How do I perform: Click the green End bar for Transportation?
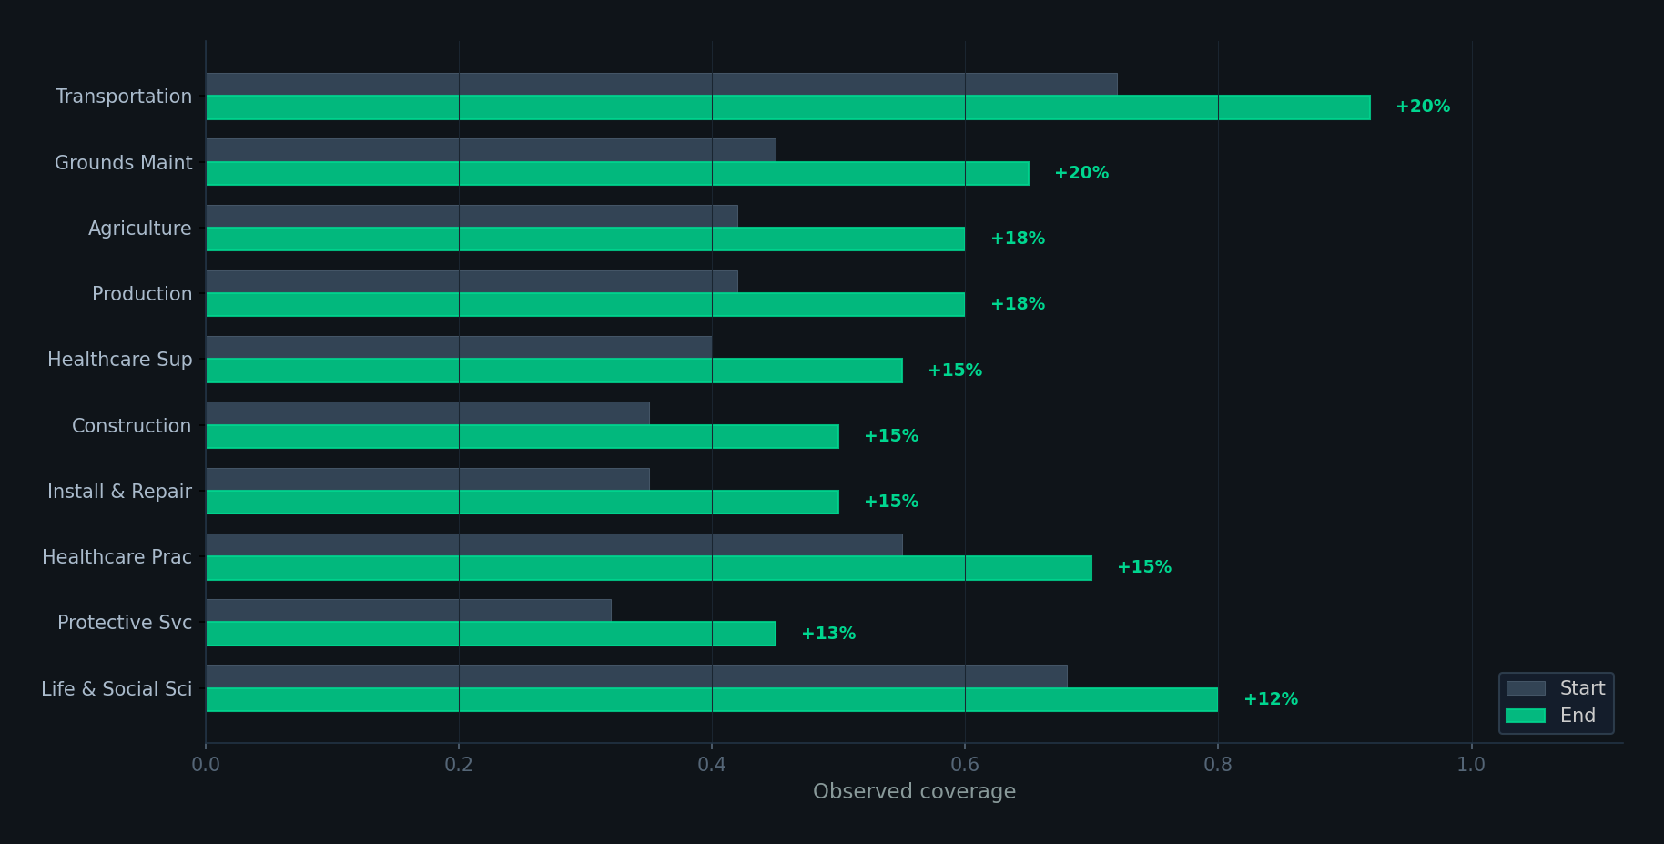click(787, 107)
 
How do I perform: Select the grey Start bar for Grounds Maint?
click(491, 150)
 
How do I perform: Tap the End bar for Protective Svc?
click(491, 634)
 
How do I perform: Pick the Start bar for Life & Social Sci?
click(636, 676)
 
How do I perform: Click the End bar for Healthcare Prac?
click(648, 568)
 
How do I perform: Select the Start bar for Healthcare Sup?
click(459, 347)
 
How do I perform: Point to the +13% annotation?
click(828, 634)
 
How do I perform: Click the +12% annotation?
click(1271, 699)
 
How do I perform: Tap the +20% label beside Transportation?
click(1423, 107)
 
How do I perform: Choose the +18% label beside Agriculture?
click(1018, 239)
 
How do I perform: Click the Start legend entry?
click(1556, 688)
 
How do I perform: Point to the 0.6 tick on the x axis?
click(965, 765)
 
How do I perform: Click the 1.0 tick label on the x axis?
click(1471, 765)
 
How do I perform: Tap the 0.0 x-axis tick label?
click(206, 765)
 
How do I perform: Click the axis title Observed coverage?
click(914, 792)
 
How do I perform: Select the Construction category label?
click(131, 426)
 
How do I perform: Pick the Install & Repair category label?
click(119, 492)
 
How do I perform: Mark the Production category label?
click(141, 294)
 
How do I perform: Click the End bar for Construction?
click(522, 436)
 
